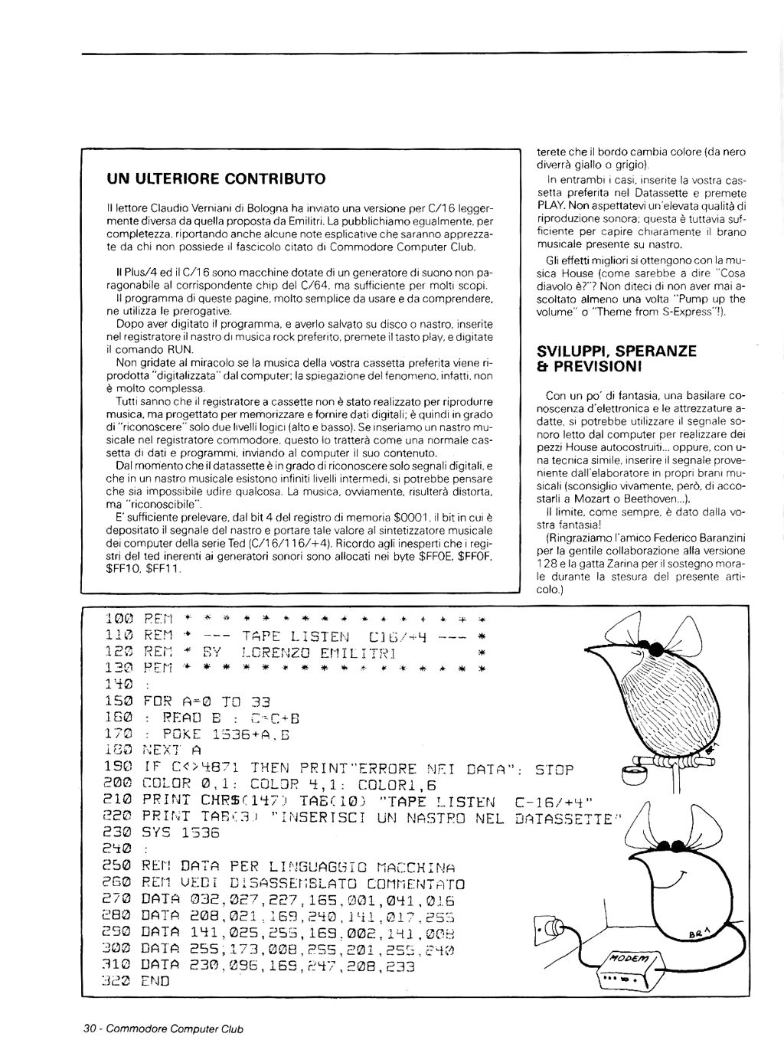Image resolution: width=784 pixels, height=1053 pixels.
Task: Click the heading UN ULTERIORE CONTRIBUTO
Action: tap(216, 179)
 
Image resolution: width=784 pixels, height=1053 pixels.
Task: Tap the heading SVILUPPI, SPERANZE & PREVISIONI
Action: tap(616, 358)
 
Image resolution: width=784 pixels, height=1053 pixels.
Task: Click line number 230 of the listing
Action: tap(119, 832)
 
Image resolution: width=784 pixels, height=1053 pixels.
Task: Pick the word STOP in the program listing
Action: tap(555, 768)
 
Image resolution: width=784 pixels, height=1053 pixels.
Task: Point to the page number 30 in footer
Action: tap(89, 1028)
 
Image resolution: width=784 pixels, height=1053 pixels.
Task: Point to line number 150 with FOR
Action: tap(119, 701)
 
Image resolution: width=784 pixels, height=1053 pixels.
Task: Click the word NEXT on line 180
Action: tap(162, 751)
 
